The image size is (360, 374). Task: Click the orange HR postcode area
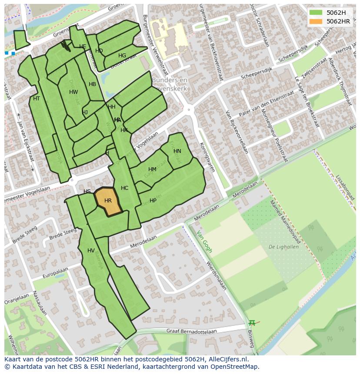[108, 201]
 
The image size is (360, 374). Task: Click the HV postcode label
[91, 251]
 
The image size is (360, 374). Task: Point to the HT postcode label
[37, 99]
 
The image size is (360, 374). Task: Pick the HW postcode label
[73, 92]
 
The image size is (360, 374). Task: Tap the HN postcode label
[177, 151]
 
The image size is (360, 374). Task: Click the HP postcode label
[153, 201]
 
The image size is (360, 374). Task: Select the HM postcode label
[152, 169]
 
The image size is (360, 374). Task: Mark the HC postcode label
[125, 188]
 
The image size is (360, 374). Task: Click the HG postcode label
[122, 56]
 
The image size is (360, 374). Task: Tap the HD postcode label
[99, 51]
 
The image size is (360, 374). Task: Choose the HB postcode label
[92, 84]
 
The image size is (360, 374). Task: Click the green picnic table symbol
[252, 323]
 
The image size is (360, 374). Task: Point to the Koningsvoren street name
[207, 157]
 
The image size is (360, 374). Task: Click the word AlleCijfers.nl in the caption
[228, 359]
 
